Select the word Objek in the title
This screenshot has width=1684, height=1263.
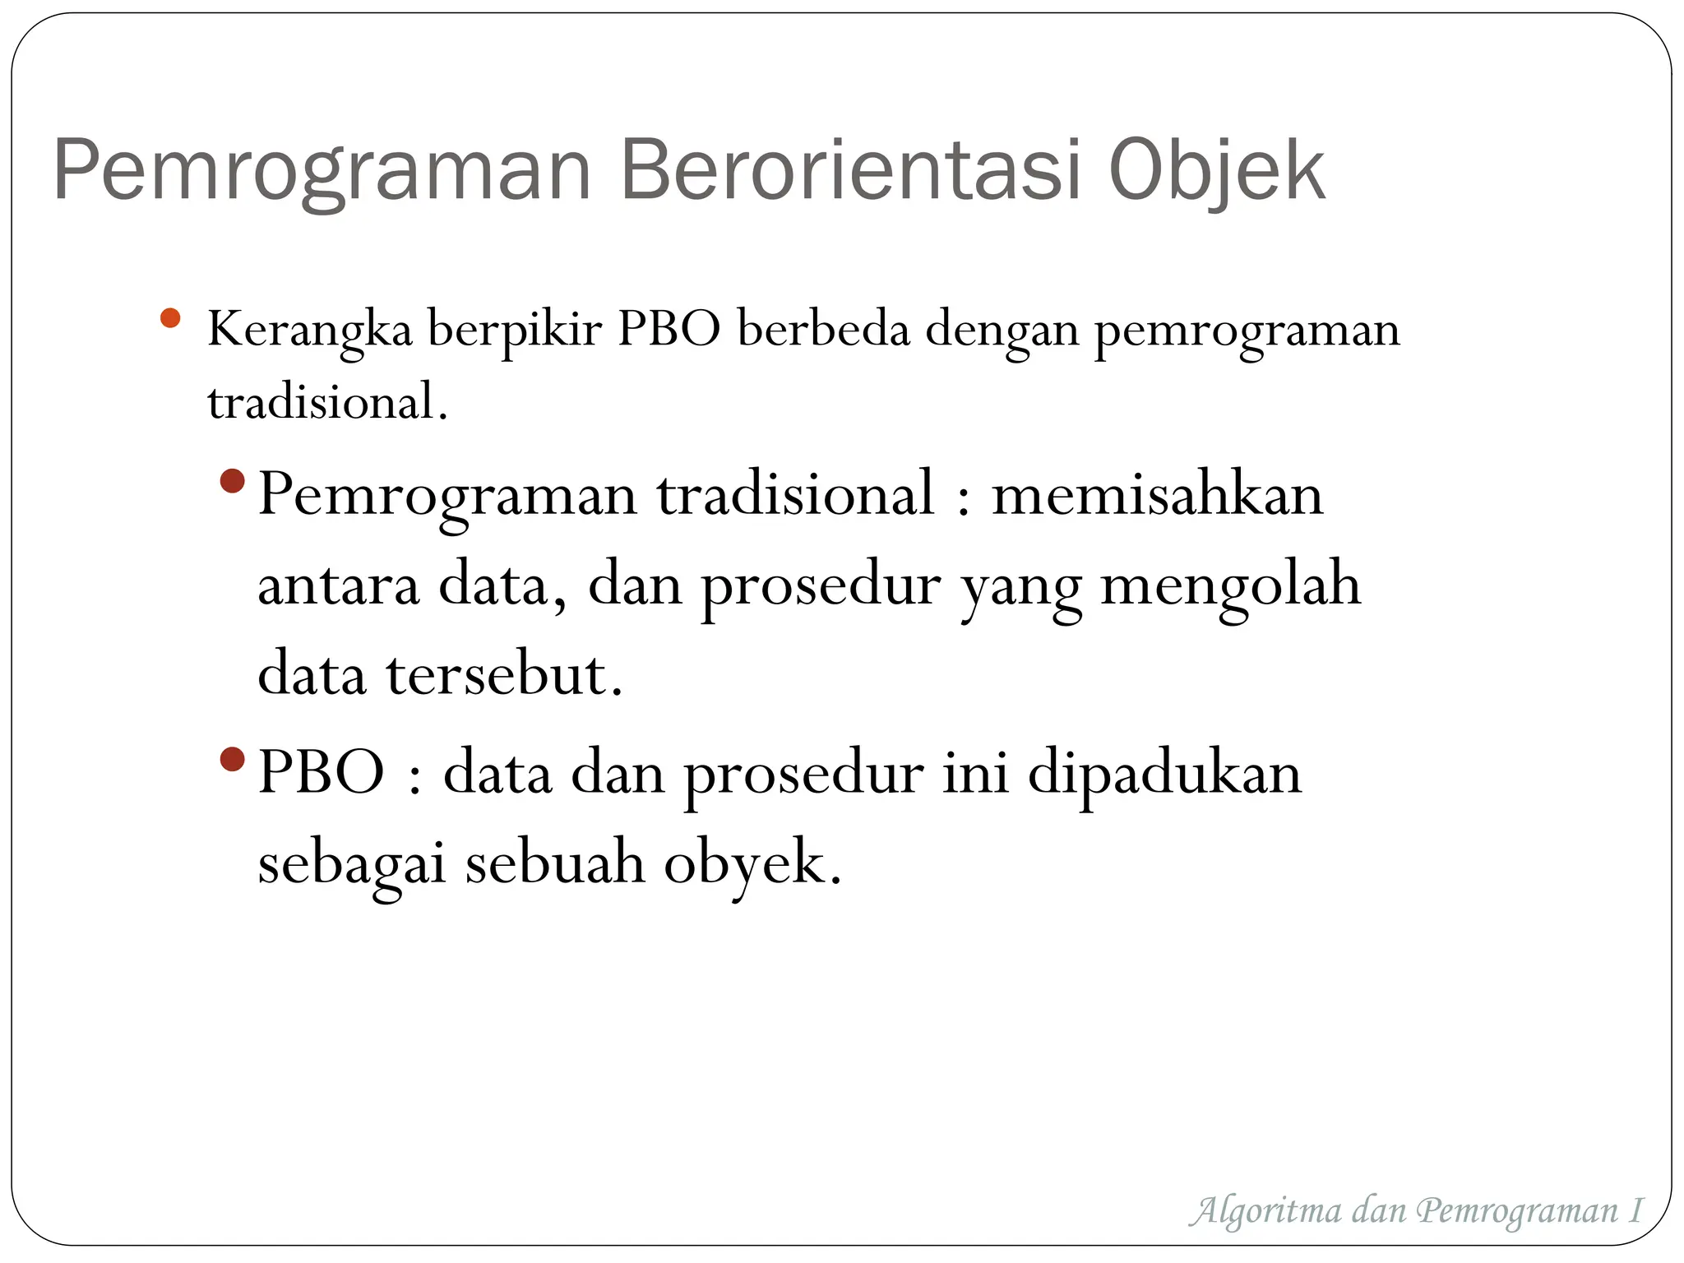pos(1216,170)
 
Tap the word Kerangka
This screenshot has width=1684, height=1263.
pos(309,331)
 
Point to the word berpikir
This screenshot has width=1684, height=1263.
pos(515,331)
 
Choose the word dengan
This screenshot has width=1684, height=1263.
pos(1002,331)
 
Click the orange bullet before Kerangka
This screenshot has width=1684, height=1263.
pos(170,318)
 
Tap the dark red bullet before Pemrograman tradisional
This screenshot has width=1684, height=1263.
pos(234,481)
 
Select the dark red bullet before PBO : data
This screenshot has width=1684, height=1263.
pos(234,759)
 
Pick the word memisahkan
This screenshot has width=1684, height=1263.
pos(1157,495)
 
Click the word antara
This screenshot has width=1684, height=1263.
pos(338,585)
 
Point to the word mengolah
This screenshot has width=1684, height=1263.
pos(1230,585)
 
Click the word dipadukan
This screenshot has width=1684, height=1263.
pos(1164,775)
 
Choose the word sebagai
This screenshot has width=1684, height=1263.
pos(351,865)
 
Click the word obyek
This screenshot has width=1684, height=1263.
pos(752,865)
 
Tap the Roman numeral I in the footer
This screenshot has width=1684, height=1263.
pos(1635,1210)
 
